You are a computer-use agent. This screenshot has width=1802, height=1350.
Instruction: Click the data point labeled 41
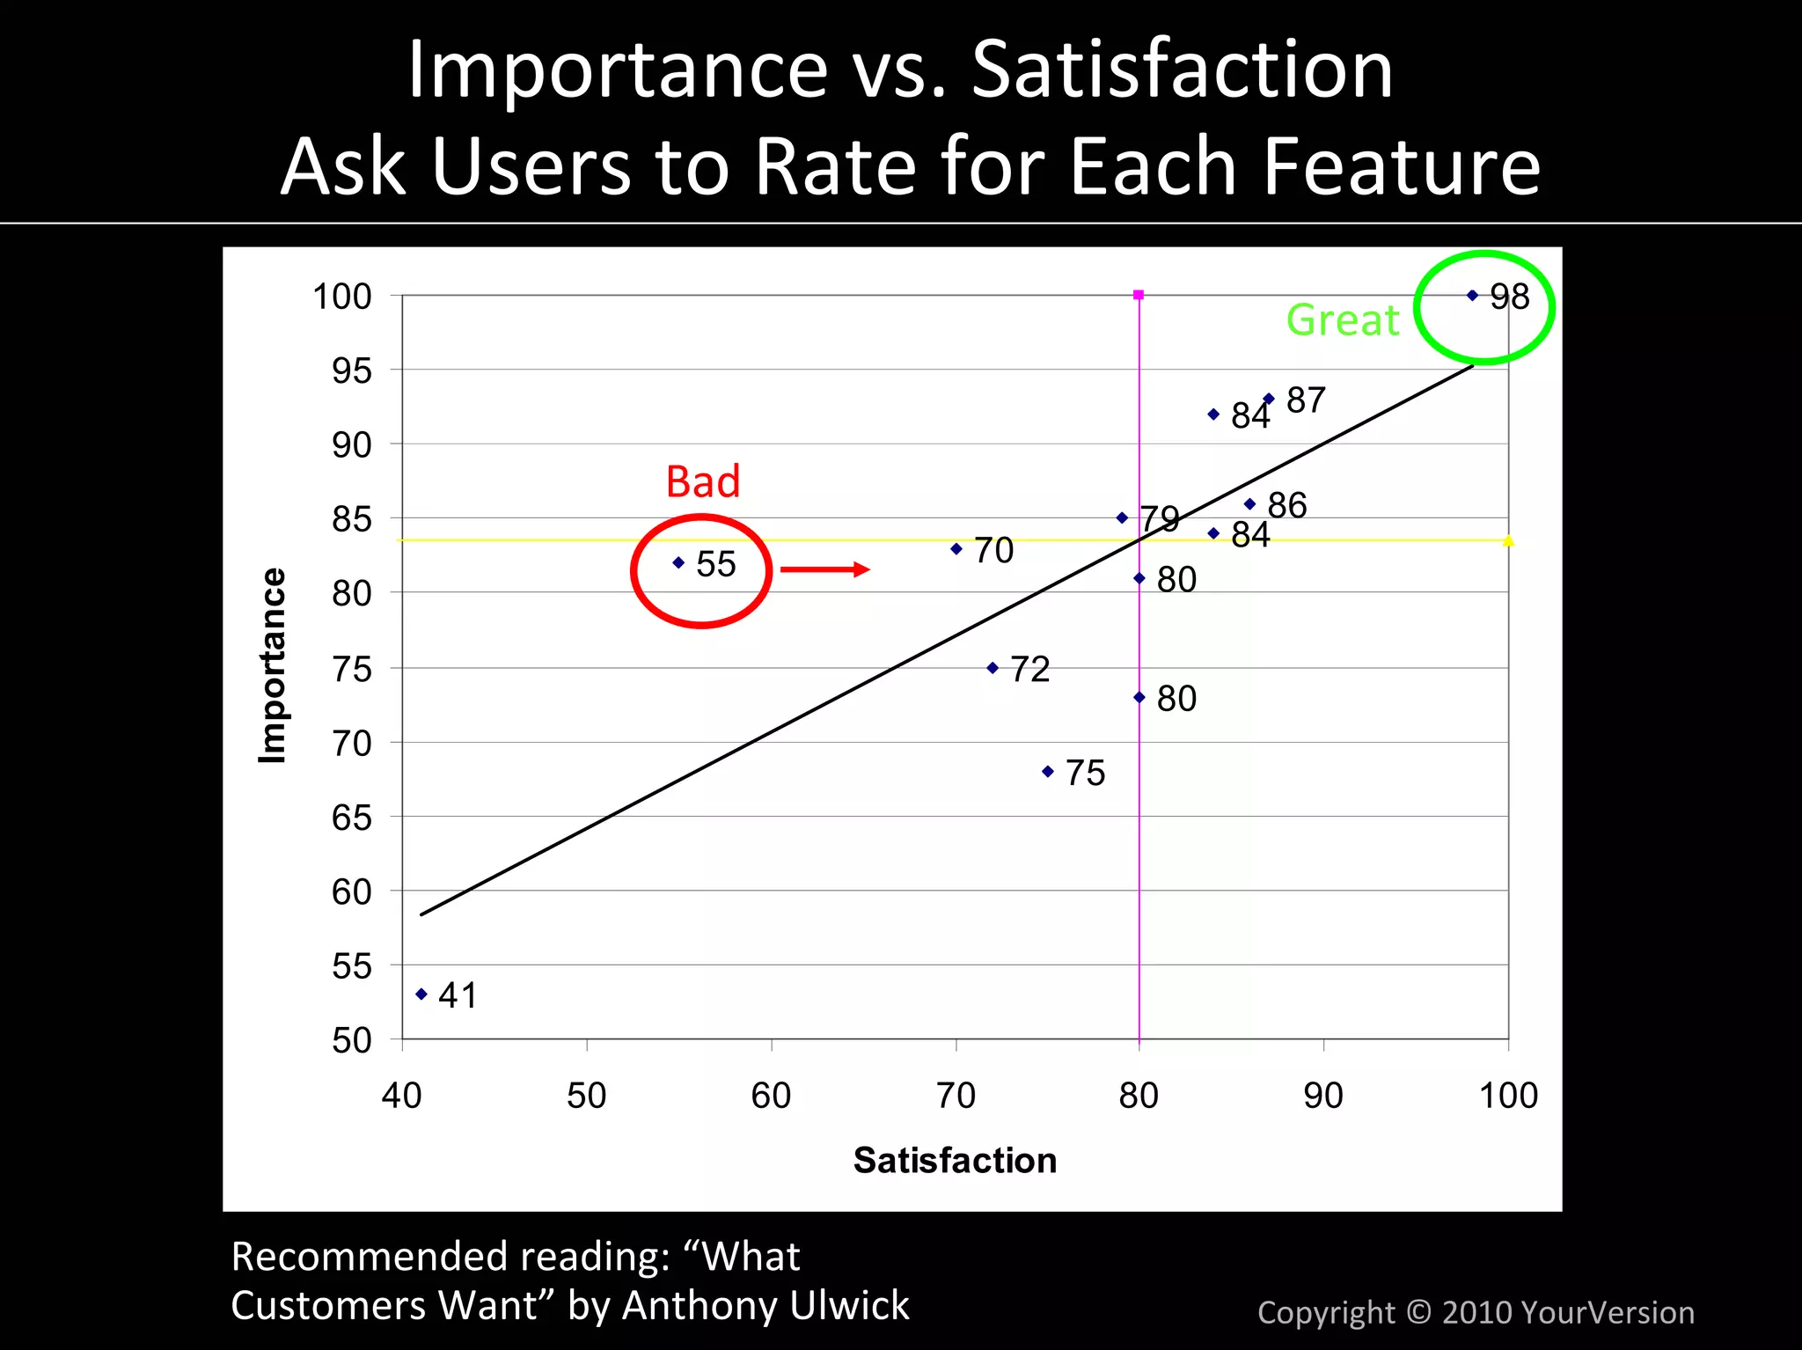click(421, 994)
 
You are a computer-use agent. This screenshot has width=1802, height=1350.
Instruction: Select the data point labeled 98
click(1473, 296)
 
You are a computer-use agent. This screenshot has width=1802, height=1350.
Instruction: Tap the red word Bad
click(702, 481)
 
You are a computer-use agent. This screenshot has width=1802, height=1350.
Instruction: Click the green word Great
click(1342, 319)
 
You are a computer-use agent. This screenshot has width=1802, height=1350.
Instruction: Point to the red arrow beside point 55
click(824, 569)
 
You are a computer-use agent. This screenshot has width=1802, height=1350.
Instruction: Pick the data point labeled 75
click(1048, 772)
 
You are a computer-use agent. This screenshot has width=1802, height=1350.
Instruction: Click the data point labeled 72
click(993, 668)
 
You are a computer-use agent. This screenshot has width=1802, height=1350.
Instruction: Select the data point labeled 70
click(956, 549)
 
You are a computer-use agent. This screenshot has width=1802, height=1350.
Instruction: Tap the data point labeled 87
click(1269, 399)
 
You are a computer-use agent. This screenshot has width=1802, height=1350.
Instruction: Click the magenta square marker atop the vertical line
click(1139, 295)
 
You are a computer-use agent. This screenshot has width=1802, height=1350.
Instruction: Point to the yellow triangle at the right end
click(1508, 540)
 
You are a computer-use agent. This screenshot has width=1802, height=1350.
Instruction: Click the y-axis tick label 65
click(351, 818)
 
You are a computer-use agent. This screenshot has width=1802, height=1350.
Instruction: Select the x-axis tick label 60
click(771, 1096)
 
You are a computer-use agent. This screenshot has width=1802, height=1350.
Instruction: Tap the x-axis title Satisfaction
click(955, 1160)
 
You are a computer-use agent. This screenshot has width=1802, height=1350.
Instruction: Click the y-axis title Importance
click(272, 665)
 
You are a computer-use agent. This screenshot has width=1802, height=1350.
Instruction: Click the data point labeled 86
click(1250, 504)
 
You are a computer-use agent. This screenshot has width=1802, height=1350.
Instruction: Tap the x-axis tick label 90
click(1322, 1096)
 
